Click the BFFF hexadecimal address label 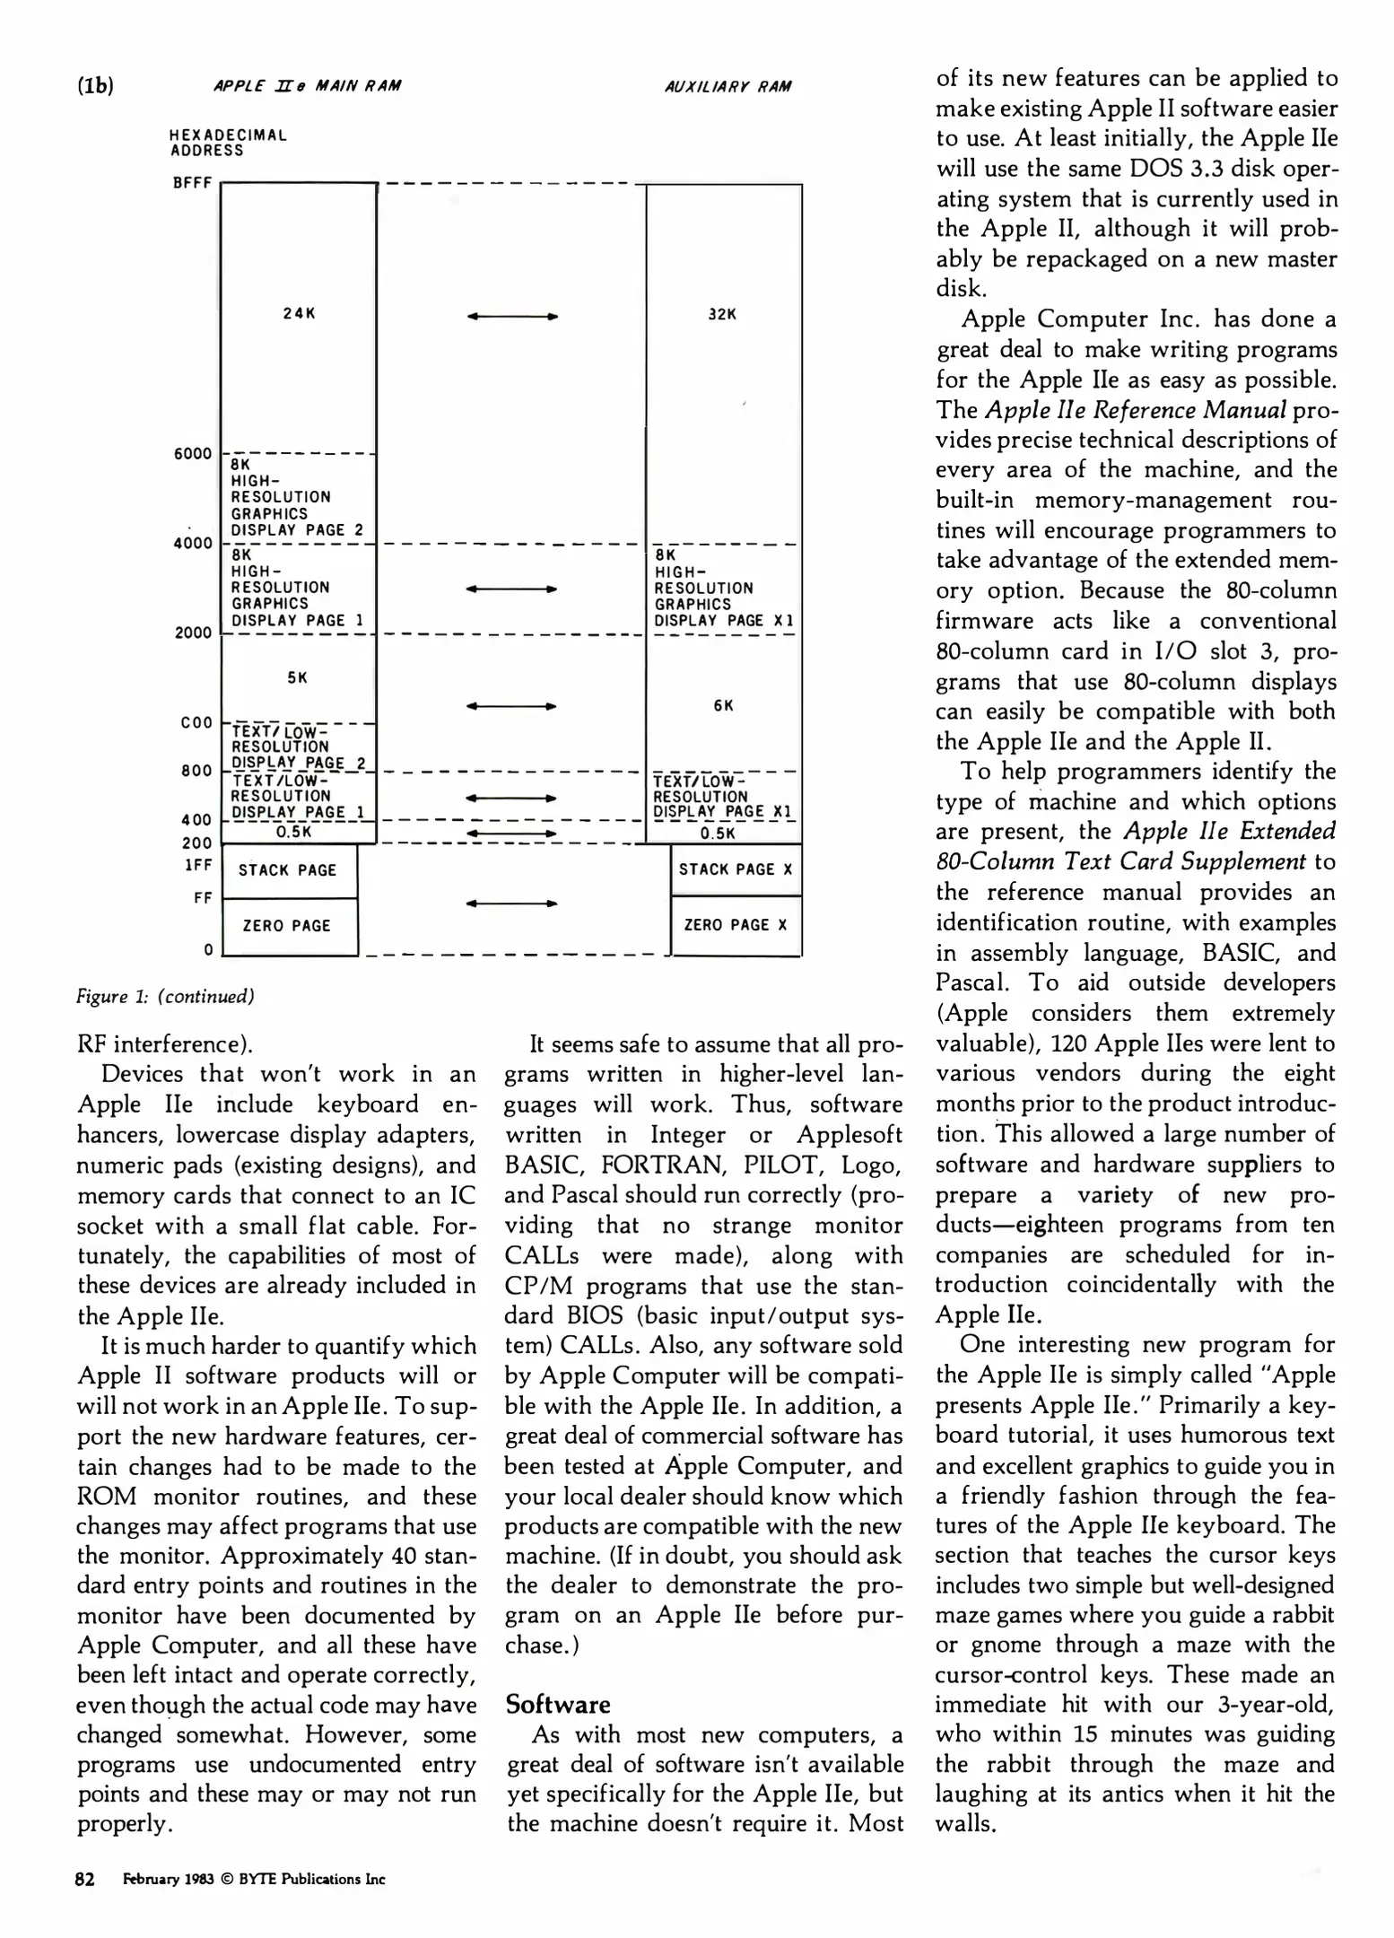(x=192, y=183)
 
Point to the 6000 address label (x=192, y=454)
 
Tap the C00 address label (x=196, y=722)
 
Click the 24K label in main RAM (x=299, y=314)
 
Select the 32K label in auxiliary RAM (x=722, y=315)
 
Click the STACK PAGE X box (x=736, y=869)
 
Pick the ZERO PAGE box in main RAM (x=287, y=926)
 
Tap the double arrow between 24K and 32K (x=513, y=317)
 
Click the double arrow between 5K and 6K (x=511, y=707)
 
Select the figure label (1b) (x=95, y=86)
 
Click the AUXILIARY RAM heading (x=727, y=87)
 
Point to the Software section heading (x=557, y=1705)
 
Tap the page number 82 (x=85, y=1880)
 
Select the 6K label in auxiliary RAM (x=724, y=706)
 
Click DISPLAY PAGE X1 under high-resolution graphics (x=723, y=621)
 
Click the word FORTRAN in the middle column (x=658, y=1165)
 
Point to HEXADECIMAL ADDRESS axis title (x=228, y=144)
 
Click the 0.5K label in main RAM (x=293, y=832)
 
